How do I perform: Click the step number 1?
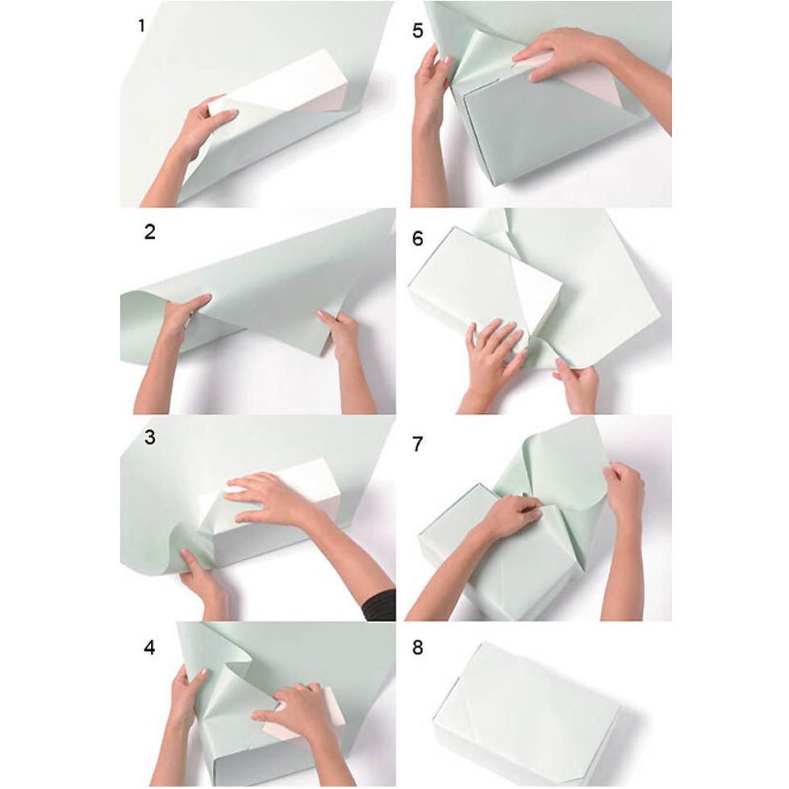pyautogui.click(x=142, y=25)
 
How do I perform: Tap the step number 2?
pyautogui.click(x=149, y=232)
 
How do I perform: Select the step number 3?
pyautogui.click(x=149, y=437)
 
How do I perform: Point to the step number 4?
pyautogui.click(x=149, y=647)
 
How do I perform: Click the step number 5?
pyautogui.click(x=418, y=31)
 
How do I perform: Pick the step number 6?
pyautogui.click(x=418, y=238)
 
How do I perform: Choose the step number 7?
pyautogui.click(x=418, y=445)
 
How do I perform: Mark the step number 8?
pyautogui.click(x=418, y=648)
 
